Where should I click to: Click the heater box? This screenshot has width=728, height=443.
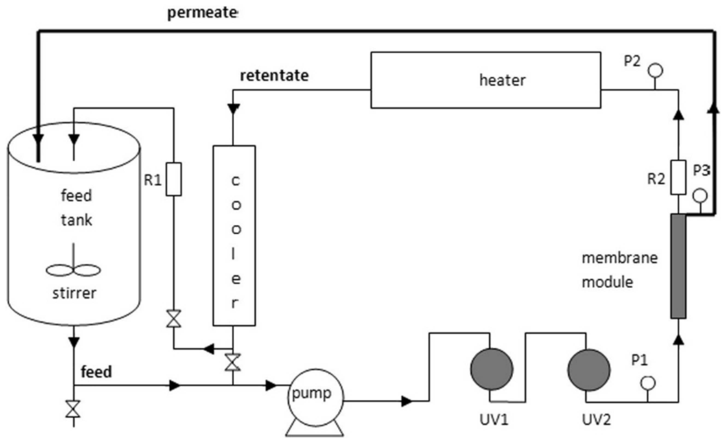485,80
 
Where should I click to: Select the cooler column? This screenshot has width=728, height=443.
234,236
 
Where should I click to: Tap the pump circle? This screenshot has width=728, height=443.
315,397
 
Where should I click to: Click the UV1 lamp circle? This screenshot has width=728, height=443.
492,369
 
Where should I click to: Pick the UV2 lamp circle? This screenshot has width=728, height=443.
589,370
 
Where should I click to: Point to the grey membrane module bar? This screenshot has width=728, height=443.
678,266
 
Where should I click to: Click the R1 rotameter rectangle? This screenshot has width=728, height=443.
174,179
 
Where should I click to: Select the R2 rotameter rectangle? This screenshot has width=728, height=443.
678,177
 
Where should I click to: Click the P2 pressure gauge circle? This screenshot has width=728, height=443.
655,71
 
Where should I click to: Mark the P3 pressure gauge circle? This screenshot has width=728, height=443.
700,196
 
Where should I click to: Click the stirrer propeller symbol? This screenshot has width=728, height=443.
73,270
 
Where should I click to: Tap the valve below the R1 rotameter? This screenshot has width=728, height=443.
174,319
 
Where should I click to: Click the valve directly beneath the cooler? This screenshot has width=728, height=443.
233,362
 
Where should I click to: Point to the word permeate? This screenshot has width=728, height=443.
202,13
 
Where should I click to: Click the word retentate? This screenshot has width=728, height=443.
274,75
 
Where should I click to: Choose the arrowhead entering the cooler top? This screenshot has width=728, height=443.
233,109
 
